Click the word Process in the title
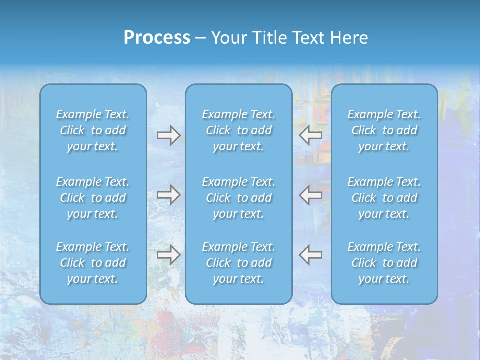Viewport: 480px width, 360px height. (x=157, y=38)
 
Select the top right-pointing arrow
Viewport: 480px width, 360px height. (x=168, y=135)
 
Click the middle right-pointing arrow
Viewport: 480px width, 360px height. (x=168, y=195)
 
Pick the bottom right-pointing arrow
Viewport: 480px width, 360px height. (x=168, y=255)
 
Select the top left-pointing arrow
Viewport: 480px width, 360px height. (x=311, y=135)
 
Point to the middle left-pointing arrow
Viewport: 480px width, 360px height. (x=311, y=195)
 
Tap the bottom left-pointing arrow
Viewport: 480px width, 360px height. (x=311, y=255)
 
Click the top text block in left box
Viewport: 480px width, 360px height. (x=93, y=130)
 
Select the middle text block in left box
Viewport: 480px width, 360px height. (x=93, y=198)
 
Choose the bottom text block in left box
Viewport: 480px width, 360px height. (x=93, y=263)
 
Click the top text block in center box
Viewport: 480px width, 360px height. (x=239, y=130)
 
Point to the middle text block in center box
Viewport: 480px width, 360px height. (x=239, y=198)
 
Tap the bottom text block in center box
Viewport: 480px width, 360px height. (x=239, y=263)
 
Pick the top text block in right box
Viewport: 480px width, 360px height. (x=384, y=130)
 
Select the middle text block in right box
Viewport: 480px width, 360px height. (x=384, y=198)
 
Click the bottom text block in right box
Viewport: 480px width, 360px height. (x=384, y=263)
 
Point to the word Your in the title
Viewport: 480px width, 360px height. (x=227, y=38)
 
